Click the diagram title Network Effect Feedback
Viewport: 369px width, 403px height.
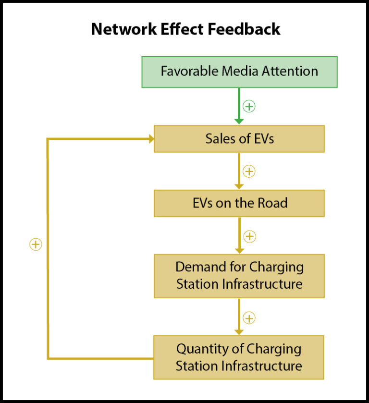pyautogui.click(x=185, y=29)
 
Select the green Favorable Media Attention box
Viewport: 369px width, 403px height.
pyautogui.click(x=239, y=72)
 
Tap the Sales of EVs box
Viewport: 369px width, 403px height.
pyautogui.click(x=239, y=139)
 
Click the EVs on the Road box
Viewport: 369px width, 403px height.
pyautogui.click(x=239, y=203)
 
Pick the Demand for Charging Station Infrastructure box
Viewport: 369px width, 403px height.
pyautogui.click(x=239, y=276)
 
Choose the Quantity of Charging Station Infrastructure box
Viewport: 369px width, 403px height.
pyautogui.click(x=239, y=357)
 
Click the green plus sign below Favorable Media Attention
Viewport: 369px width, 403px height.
pyautogui.click(x=249, y=106)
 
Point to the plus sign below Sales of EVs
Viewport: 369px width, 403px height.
pyautogui.click(x=249, y=171)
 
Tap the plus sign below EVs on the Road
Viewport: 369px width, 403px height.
pyautogui.click(x=249, y=236)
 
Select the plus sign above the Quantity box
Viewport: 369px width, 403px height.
pyautogui.click(x=249, y=318)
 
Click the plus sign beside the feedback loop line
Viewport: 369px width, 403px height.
pyautogui.click(x=36, y=244)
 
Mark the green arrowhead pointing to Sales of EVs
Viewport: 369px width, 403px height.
pyautogui.click(x=239, y=121)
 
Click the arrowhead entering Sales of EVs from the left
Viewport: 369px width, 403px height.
pyautogui.click(x=150, y=139)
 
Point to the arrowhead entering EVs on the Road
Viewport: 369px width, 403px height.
pyautogui.click(x=239, y=185)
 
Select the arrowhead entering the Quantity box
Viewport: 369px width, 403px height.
pyautogui.click(x=239, y=331)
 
